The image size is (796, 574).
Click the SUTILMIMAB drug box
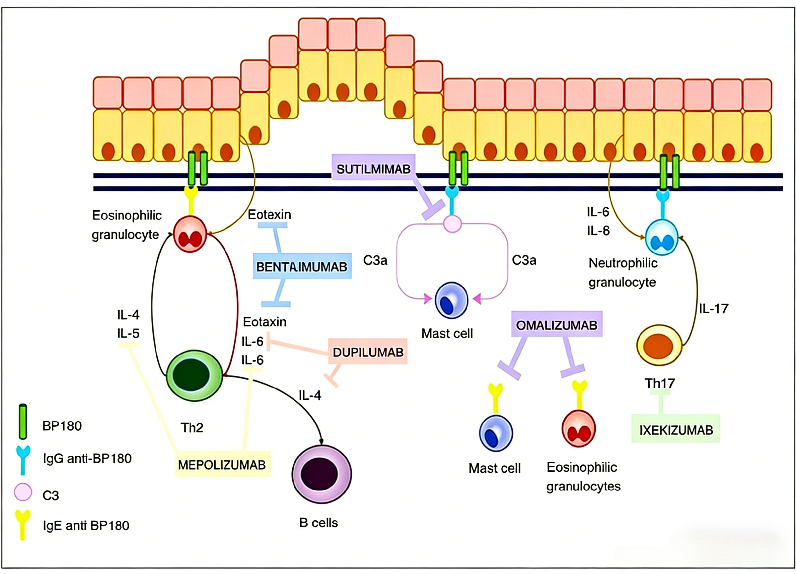pyautogui.click(x=373, y=169)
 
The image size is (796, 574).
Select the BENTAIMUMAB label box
pyautogui.click(x=302, y=267)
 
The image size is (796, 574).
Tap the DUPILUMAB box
pyautogui.click(x=368, y=352)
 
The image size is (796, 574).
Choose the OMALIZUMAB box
pyautogui.click(x=556, y=325)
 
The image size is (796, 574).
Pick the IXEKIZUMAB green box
pyautogui.click(x=676, y=430)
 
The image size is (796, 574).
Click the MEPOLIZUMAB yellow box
pyautogui.click(x=222, y=465)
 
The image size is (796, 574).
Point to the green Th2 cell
pyautogui.click(x=194, y=376)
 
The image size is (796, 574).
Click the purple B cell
pyautogui.click(x=321, y=474)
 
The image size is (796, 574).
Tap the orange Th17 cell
pyautogui.click(x=659, y=346)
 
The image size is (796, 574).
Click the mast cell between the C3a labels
pyautogui.click(x=451, y=300)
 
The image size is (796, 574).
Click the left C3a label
pyautogui.click(x=375, y=260)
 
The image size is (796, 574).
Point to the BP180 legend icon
pyautogui.click(x=23, y=422)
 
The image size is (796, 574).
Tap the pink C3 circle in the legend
pyautogui.click(x=23, y=492)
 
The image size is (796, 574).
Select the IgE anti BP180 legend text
pyautogui.click(x=86, y=525)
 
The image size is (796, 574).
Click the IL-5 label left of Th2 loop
pyautogui.click(x=128, y=333)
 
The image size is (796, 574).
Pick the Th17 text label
pyautogui.click(x=659, y=383)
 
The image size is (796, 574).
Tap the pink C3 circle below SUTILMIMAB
pyautogui.click(x=452, y=224)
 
